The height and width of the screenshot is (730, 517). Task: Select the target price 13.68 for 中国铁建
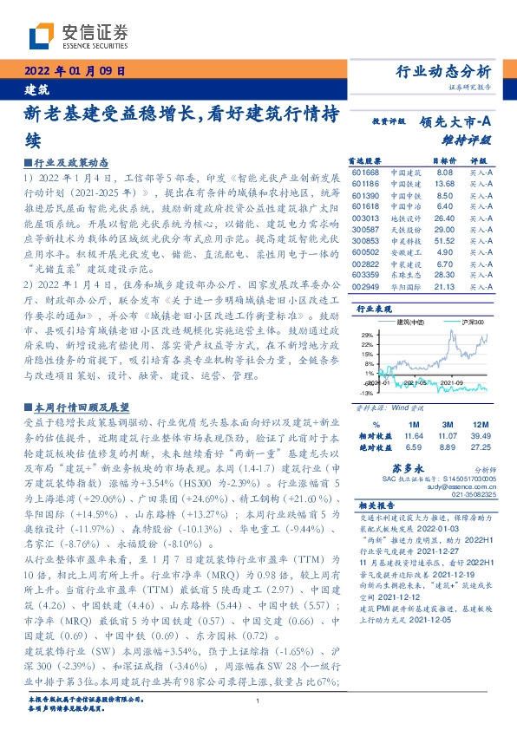pyautogui.click(x=444, y=184)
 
